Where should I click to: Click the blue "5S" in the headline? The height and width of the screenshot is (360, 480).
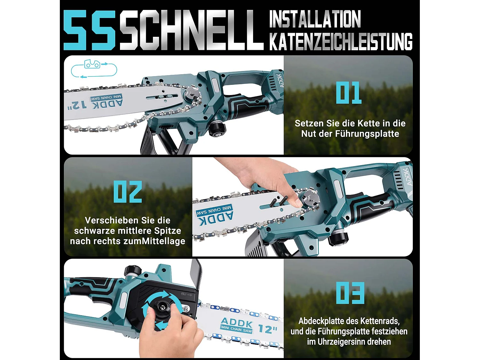click(89, 30)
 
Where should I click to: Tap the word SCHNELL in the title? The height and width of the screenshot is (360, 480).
click(191, 30)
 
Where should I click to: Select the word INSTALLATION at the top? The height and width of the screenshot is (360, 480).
click(315, 19)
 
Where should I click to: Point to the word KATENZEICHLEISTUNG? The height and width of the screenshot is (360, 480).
click(341, 42)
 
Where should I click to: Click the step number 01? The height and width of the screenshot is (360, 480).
click(348, 93)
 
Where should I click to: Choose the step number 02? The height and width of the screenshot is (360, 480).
click(128, 192)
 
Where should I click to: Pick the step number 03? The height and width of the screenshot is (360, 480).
click(350, 293)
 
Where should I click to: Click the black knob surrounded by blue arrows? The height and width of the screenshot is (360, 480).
click(163, 308)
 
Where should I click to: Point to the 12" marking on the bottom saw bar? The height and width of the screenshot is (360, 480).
click(268, 329)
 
